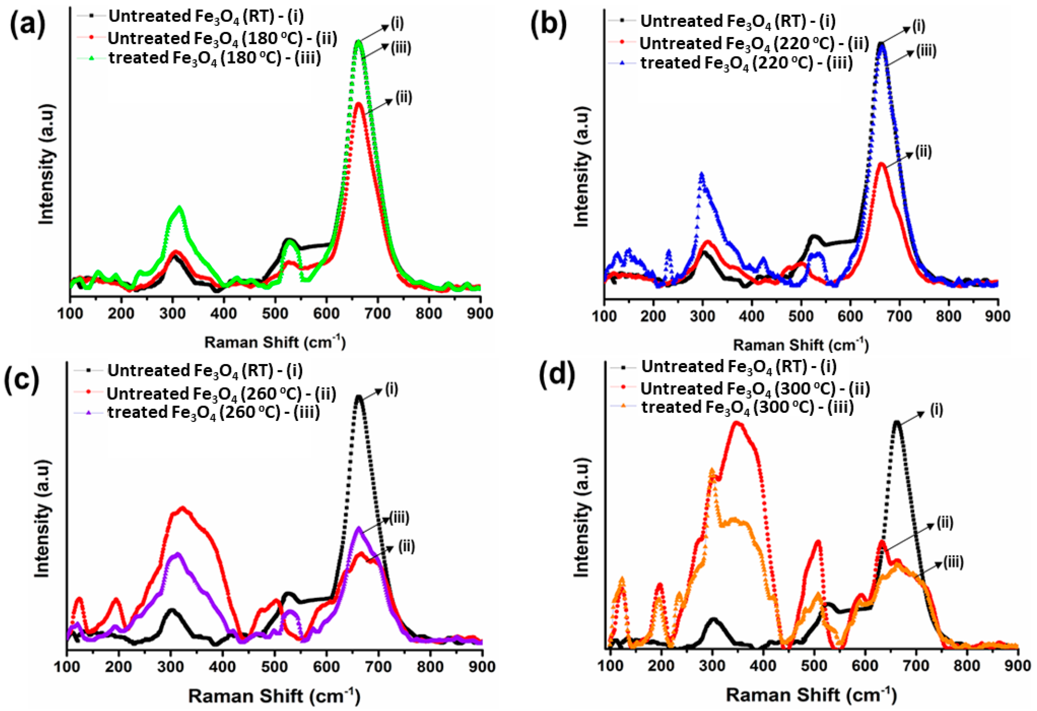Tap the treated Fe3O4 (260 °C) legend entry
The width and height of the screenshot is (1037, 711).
(213, 413)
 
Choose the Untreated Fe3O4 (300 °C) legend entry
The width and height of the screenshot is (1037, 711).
(755, 389)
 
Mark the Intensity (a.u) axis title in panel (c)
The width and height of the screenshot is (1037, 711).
(42, 517)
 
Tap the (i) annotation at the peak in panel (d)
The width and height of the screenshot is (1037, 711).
(936, 409)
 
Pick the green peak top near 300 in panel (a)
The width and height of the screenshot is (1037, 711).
(180, 207)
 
